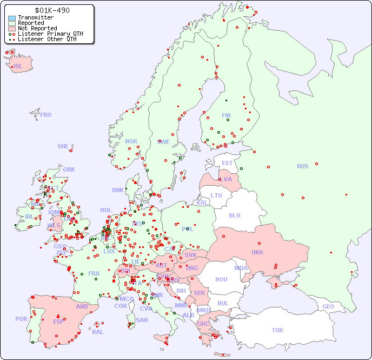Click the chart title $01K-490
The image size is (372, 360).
coord(51,10)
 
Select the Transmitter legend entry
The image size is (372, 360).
coord(35,17)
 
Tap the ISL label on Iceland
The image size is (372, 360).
coord(18,67)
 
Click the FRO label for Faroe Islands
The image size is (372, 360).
coord(46,115)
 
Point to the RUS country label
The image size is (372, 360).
coord(302,166)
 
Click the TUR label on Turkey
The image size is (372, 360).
coord(277,330)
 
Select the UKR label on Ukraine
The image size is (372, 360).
coord(257,252)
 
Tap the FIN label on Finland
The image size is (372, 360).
coord(226,115)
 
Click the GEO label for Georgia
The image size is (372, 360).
coord(328,306)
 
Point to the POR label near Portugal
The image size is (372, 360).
coord(21,319)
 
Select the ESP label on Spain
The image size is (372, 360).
coord(58,322)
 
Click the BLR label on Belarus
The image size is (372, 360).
coord(235,215)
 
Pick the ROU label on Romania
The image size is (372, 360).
coord(221,279)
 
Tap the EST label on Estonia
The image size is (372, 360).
coord(227,163)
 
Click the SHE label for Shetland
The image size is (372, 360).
coord(63,146)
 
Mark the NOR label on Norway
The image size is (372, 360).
coord(131,141)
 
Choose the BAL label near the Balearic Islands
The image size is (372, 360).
coord(97,332)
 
